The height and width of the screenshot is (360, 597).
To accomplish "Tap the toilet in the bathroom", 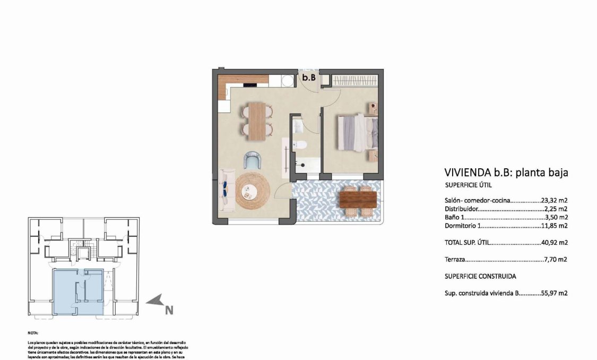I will [300, 144].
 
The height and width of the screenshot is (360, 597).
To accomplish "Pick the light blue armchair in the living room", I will [253, 160].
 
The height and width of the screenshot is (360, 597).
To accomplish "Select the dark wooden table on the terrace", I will [358, 199].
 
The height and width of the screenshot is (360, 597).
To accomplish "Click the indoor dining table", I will [257, 121].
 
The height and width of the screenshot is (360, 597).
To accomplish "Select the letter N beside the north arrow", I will [168, 310].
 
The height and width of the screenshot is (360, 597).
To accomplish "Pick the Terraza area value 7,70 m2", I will [556, 260].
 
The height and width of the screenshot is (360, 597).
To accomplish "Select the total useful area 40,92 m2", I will [554, 243].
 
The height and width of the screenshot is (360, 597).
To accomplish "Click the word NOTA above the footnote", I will [33, 333].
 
